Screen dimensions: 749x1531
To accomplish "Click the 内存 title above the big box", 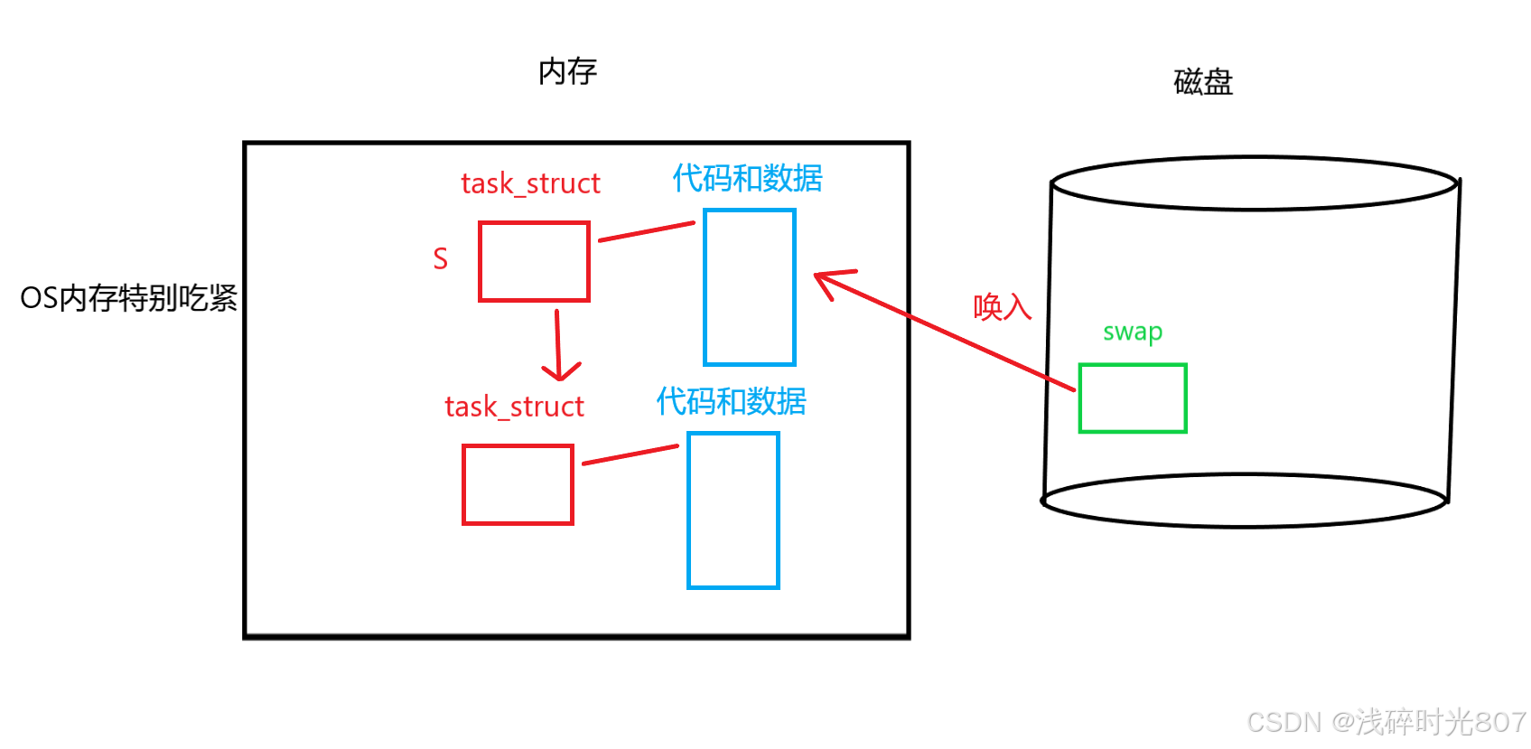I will click(567, 71).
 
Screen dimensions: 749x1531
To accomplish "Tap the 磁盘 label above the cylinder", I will click(1203, 82).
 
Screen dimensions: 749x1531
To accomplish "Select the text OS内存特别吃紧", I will click(128, 298).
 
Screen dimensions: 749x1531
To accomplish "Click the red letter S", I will click(440, 259).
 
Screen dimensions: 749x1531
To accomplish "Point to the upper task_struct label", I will click(530, 183).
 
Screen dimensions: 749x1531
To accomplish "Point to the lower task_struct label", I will click(514, 407).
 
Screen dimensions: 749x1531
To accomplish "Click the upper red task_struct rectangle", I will click(534, 261).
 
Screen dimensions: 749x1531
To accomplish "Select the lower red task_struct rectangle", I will click(518, 484).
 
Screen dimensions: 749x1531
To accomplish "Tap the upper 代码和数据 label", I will click(747, 179).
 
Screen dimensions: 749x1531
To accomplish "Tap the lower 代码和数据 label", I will click(731, 401).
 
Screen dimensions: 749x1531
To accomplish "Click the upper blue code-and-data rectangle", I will click(749, 287).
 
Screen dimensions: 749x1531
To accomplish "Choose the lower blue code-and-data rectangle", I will click(733, 510).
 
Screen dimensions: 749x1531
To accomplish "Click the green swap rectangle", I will click(1133, 398).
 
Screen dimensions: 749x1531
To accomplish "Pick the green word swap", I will click(1133, 332).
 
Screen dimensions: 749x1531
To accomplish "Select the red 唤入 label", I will click(1002, 307).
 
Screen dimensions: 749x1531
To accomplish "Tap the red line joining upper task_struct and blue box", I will click(646, 231).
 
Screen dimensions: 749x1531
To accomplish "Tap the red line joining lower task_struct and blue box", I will click(630, 454).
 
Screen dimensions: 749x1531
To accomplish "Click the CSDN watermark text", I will click(1386, 722).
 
